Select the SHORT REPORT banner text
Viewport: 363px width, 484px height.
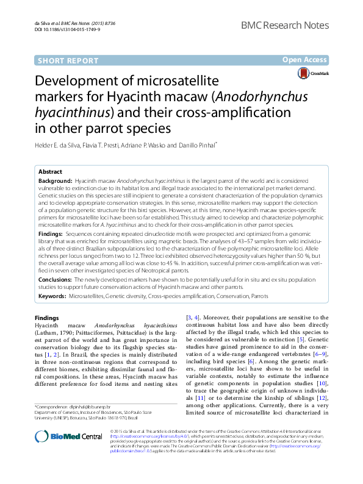coord(68,60)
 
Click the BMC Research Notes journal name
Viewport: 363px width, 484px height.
coord(284,24)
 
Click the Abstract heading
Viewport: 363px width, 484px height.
coord(50,172)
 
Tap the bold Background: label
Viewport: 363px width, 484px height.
coord(54,182)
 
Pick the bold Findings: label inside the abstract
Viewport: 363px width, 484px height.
coord(51,233)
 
